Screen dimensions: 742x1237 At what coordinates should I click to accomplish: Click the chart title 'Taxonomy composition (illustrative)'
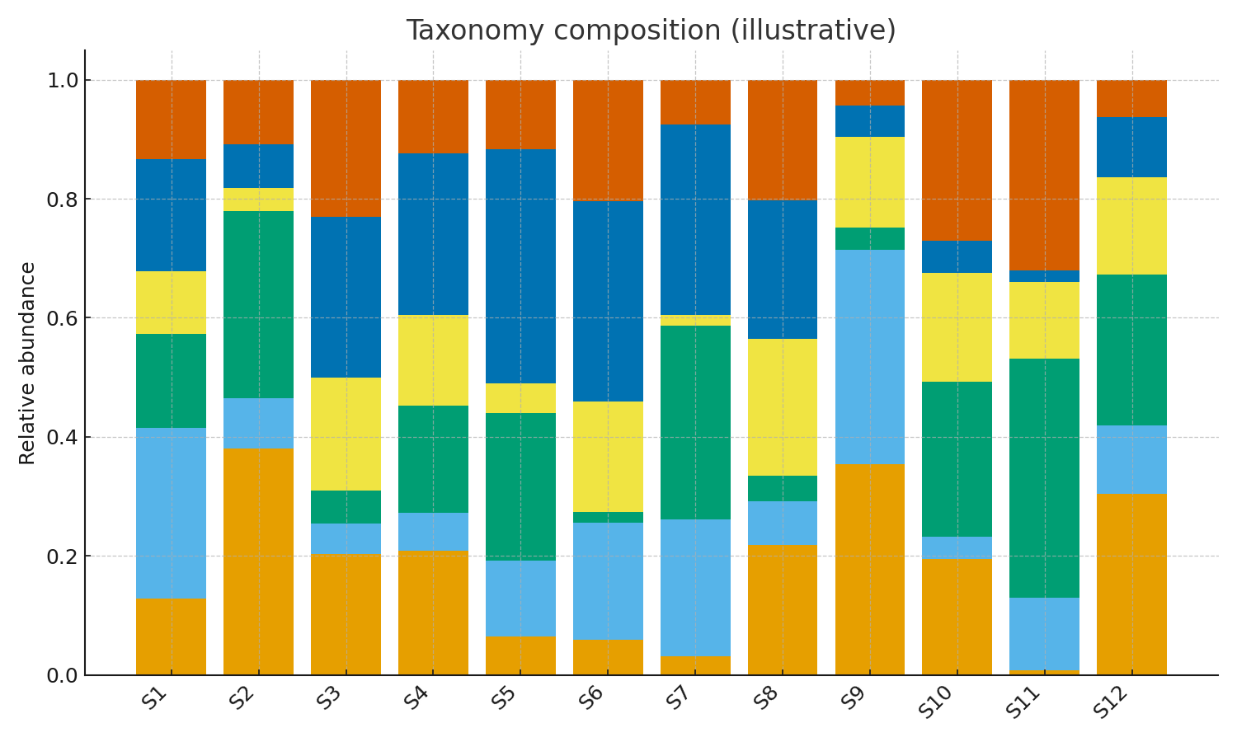651,31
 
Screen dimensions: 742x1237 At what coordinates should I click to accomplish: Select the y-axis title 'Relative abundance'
27,363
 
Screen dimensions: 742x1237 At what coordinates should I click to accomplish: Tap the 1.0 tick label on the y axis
60,81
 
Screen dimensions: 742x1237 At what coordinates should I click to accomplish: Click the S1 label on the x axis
155,699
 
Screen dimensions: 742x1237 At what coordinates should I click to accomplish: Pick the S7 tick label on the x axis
679,699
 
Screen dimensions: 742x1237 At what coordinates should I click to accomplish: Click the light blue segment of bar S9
870,357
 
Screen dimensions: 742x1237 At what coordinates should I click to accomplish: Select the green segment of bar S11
1045,478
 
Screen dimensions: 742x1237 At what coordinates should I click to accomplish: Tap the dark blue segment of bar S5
520,266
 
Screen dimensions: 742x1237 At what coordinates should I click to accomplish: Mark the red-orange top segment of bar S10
957,160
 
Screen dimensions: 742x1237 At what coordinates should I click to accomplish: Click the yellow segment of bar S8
783,407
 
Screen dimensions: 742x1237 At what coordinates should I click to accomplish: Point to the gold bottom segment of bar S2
258,561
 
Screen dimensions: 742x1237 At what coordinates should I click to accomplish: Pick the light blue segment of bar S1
171,513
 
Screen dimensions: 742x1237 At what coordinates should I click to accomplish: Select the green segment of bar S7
695,422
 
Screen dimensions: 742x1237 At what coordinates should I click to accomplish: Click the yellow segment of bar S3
346,434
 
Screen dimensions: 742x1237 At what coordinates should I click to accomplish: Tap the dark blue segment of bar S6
608,301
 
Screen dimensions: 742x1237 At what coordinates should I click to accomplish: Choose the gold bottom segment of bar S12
1131,584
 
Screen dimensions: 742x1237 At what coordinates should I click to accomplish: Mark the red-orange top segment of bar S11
1045,175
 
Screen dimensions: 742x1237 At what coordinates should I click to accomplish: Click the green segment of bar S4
433,459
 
